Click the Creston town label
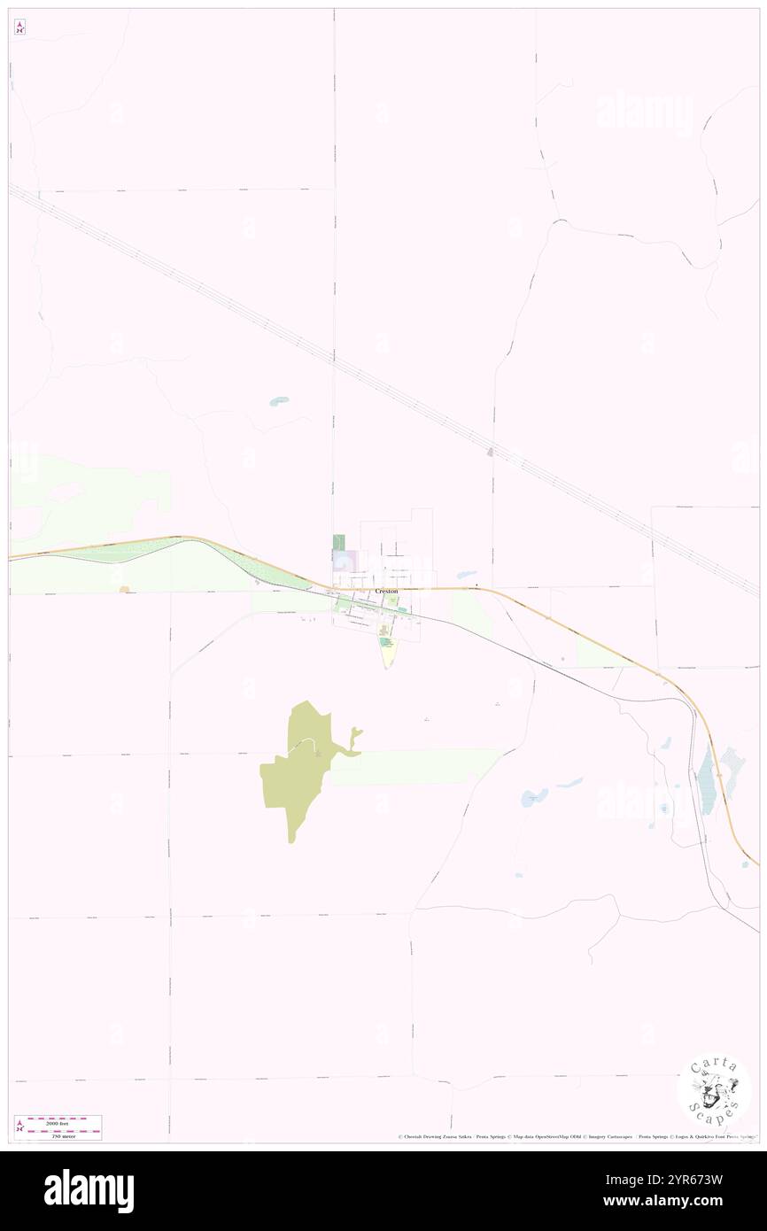click(386, 591)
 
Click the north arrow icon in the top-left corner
click(19, 27)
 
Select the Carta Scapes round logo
click(714, 1090)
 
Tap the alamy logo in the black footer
click(89, 1191)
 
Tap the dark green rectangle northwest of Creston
click(337, 542)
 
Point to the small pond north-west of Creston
click(278, 401)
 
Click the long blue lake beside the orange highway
click(706, 779)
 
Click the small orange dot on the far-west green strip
click(123, 589)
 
